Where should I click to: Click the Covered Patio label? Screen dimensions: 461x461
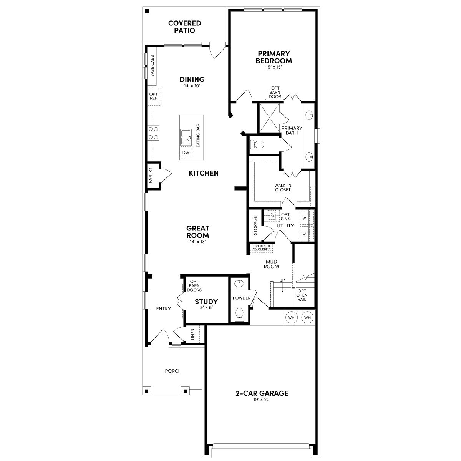click(184, 27)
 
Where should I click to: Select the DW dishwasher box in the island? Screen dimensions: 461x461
click(186, 153)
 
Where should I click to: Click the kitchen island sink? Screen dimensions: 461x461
click(186, 136)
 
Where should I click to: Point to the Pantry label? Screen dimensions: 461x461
click(151, 175)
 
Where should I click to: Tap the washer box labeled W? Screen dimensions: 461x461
click(304, 218)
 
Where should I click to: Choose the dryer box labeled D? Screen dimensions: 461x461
click(304, 233)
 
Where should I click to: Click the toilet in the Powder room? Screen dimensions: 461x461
click(240, 314)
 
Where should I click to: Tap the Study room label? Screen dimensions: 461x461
click(206, 302)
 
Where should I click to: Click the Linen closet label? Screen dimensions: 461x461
click(193, 335)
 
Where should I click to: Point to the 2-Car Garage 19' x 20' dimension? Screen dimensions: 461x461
click(262, 400)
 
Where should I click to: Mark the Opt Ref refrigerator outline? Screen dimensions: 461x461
click(153, 96)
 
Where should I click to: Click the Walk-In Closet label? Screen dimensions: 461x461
click(282, 187)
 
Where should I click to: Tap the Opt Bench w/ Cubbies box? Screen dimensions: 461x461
click(261, 248)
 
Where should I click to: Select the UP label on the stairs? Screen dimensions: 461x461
click(282, 280)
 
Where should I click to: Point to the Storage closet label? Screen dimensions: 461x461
click(255, 226)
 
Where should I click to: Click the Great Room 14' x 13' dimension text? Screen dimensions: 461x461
click(198, 242)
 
